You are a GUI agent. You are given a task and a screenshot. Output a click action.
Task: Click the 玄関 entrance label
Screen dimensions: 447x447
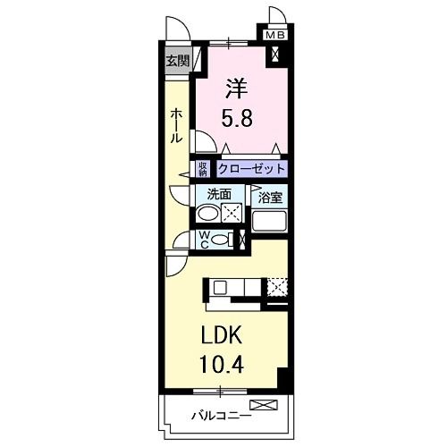[177, 62]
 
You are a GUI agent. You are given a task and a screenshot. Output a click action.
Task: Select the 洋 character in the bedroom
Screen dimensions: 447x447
[235, 90]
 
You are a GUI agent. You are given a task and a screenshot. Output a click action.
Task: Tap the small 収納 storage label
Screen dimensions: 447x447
[204, 168]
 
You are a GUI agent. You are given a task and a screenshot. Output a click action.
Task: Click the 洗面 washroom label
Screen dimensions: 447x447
[219, 193]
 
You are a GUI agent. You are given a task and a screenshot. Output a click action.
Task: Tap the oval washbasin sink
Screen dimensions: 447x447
[207, 214]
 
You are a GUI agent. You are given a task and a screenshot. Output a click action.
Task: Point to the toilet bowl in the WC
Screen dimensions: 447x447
[223, 239]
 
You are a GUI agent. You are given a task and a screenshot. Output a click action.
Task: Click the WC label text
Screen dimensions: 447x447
[205, 239]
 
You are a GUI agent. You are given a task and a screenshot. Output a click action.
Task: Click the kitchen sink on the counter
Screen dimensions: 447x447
[220, 288]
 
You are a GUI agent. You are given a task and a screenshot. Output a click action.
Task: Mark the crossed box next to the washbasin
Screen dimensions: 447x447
[232, 213]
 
